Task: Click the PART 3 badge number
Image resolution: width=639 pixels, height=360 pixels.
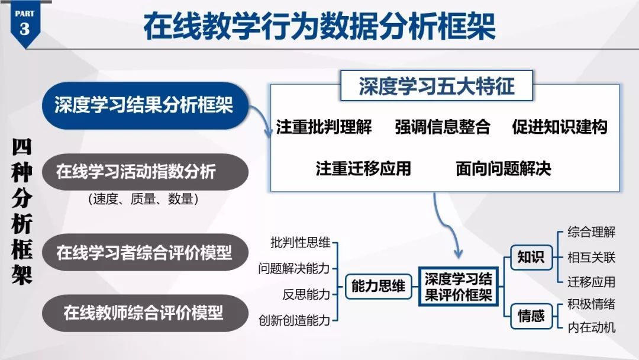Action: point(24,28)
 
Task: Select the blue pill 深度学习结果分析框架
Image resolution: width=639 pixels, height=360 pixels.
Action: point(144,105)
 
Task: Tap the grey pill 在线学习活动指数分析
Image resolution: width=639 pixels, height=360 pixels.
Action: point(136,172)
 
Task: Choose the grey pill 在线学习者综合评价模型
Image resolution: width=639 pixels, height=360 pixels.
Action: point(144,253)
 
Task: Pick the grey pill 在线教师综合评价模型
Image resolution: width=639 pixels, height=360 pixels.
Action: point(144,312)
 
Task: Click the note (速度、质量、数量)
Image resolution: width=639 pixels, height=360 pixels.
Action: point(143,200)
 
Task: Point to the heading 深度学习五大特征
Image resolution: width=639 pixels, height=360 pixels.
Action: point(437,86)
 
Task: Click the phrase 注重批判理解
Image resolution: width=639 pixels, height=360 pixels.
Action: point(324,127)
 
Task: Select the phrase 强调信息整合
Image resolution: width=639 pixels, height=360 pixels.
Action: point(443,127)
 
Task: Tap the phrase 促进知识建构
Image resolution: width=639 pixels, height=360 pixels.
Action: point(559,127)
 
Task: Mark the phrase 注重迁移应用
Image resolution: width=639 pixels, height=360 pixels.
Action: point(363,169)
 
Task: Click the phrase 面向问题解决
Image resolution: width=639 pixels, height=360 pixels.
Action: point(503,169)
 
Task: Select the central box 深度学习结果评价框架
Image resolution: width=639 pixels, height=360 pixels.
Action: point(459,287)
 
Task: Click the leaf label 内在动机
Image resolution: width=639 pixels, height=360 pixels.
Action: point(591,327)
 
